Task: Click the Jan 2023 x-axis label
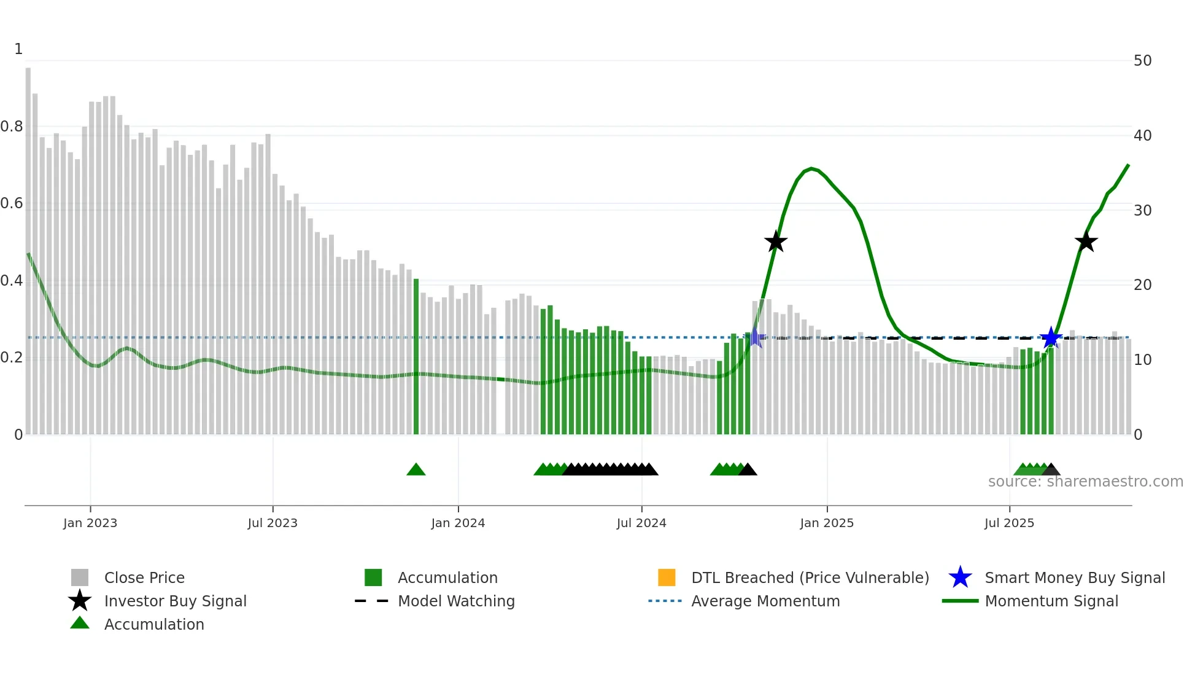[x=90, y=523]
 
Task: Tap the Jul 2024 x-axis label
[x=641, y=523]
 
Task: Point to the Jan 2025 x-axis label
[x=826, y=523]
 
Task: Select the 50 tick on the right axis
[x=1142, y=61]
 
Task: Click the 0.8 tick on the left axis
[x=12, y=127]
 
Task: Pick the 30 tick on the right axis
[x=1142, y=210]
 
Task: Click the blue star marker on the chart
[x=1051, y=337]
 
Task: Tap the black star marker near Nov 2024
[x=776, y=241]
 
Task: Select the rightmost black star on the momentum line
[x=1086, y=241]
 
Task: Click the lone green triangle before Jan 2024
[x=416, y=470]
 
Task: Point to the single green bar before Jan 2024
[x=416, y=356]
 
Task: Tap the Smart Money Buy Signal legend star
[x=960, y=577]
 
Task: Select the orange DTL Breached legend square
[x=667, y=577]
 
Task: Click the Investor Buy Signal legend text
[x=175, y=601]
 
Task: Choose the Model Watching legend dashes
[x=371, y=601]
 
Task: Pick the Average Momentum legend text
[x=765, y=601]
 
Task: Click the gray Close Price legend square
[x=80, y=577]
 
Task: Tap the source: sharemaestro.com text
[x=1085, y=482]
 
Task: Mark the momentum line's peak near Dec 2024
[x=811, y=168]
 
